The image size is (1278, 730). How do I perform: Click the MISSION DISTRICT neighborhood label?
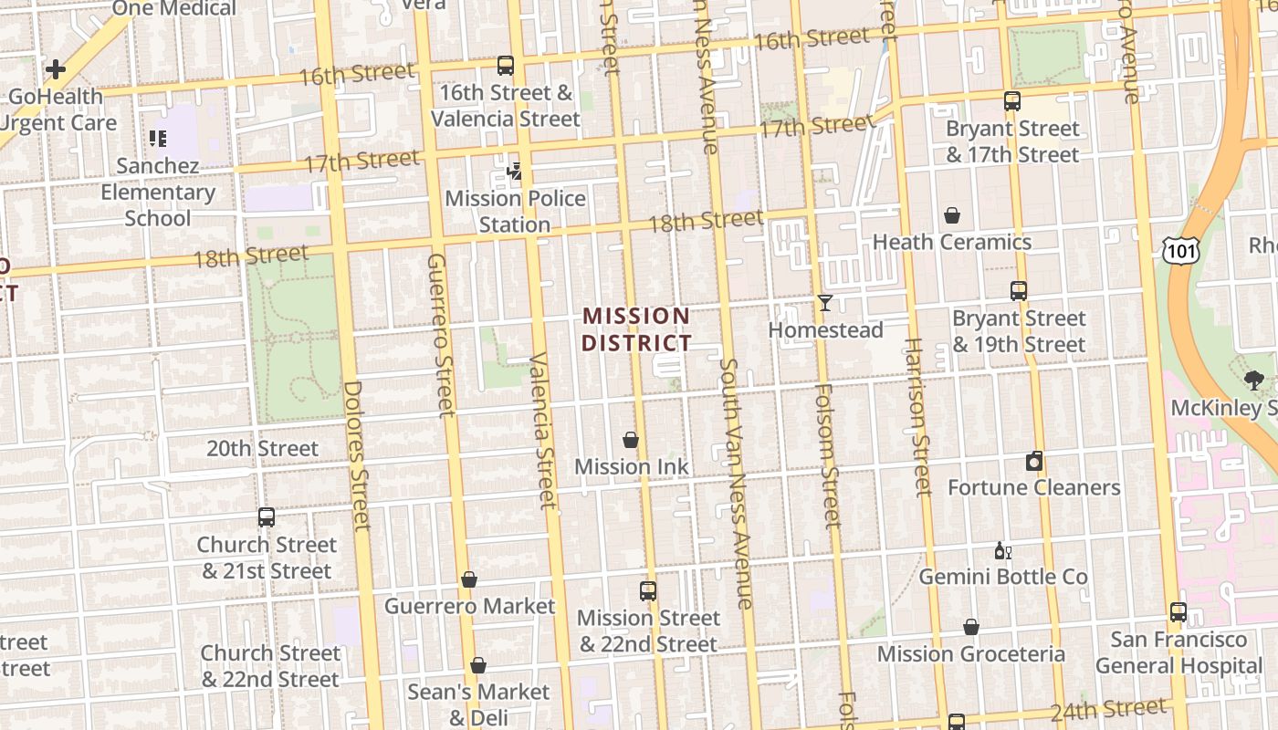(637, 329)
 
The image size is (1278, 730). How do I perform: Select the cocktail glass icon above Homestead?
(825, 303)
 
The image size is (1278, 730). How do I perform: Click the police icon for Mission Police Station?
(515, 171)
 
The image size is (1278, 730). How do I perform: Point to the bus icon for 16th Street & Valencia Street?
(505, 66)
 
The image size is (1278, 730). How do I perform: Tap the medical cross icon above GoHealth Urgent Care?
(56, 68)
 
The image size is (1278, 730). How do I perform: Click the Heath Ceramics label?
(952, 242)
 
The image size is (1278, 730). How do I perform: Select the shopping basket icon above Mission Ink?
(630, 440)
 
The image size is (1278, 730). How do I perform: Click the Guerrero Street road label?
(440, 334)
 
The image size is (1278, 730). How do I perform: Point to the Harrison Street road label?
(916, 417)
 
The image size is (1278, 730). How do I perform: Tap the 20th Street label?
(262, 448)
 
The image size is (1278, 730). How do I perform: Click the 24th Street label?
(1108, 709)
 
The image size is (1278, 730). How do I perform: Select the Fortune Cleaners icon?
(1033, 461)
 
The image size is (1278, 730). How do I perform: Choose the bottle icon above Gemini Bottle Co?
(1002, 550)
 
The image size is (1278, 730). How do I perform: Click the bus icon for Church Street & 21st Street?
(266, 517)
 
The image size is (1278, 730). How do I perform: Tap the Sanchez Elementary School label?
(158, 192)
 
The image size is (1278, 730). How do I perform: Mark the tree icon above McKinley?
(1253, 381)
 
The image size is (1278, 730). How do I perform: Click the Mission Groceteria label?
(970, 654)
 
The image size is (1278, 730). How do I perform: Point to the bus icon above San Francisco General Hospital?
(1178, 612)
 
